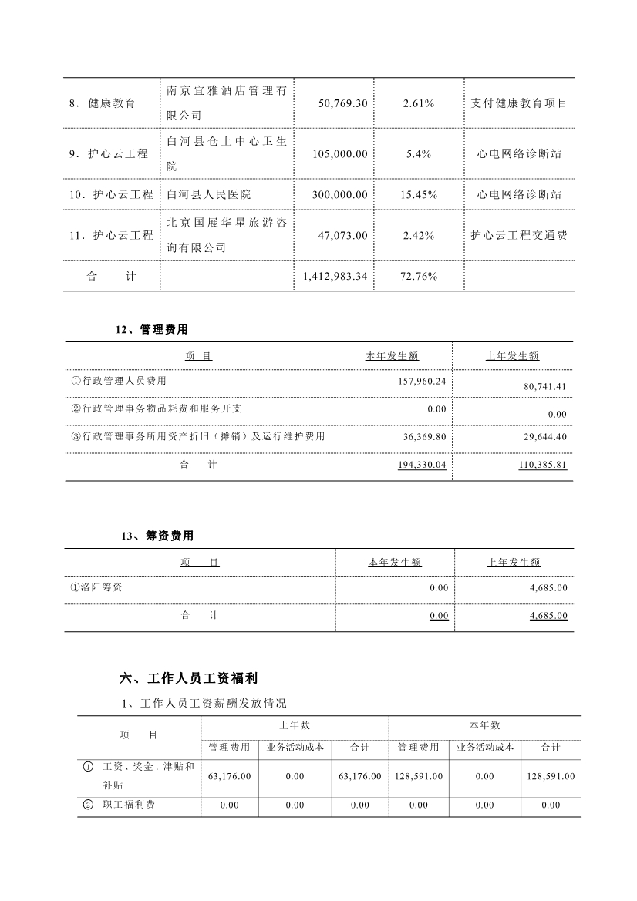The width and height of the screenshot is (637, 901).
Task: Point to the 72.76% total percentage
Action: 419,276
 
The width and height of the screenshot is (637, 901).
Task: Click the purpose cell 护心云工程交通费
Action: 519,235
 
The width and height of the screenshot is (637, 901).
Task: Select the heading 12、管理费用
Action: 152,329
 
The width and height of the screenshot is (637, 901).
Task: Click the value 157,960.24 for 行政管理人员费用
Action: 424,381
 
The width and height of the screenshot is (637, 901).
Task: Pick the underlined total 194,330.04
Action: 423,465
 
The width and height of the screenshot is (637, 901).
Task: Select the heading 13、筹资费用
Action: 157,536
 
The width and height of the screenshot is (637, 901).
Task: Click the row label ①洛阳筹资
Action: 96,587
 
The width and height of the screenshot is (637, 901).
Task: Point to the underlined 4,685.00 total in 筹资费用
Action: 548,615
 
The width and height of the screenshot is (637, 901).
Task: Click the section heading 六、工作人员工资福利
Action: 189,678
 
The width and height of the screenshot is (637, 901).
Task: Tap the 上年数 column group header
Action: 295,725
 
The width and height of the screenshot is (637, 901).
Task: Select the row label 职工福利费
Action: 129,805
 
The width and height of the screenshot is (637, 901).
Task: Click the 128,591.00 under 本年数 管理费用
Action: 419,776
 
